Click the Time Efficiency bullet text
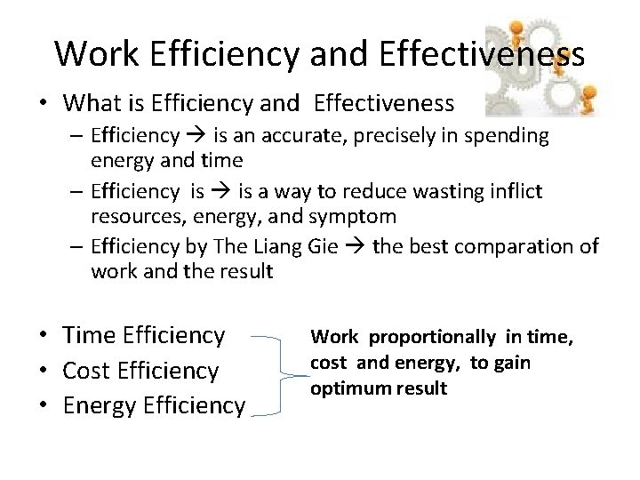tap(145, 335)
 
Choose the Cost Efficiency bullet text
tap(141, 370)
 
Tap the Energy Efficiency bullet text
tap(154, 405)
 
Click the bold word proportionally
tap(432, 337)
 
